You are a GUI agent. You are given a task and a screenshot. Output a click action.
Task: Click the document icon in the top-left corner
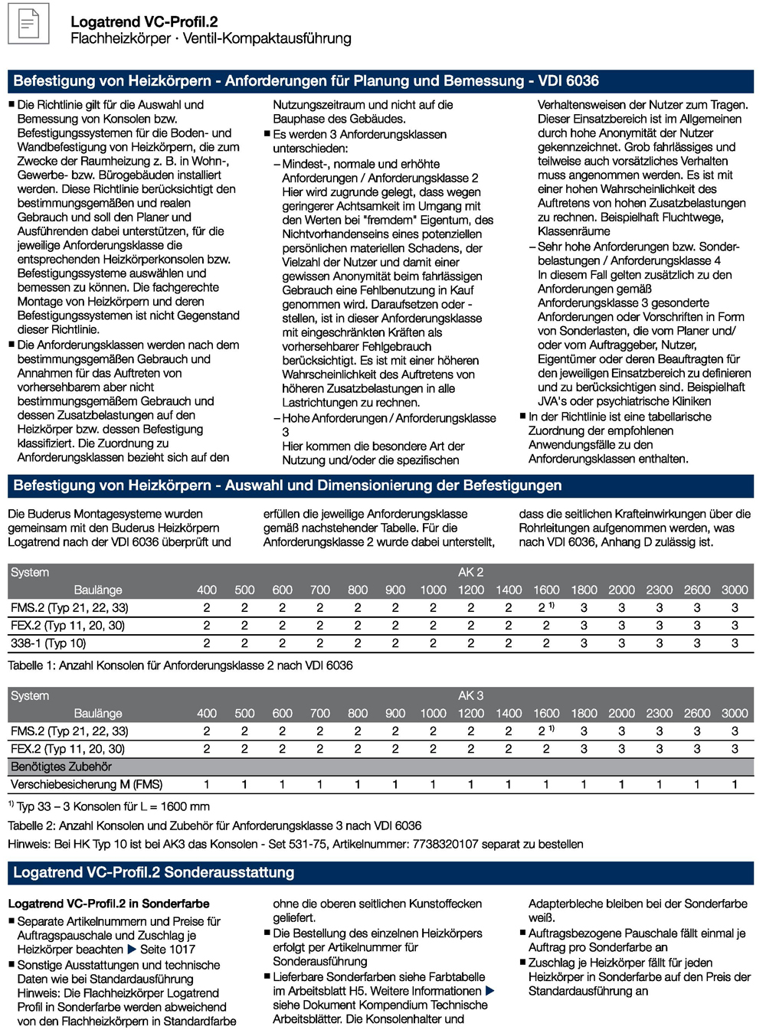pyautogui.click(x=28, y=24)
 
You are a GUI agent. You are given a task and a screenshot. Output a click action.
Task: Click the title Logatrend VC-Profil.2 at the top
pyautogui.click(x=143, y=22)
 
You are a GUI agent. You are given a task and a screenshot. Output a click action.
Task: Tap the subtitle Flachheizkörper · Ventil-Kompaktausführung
pyautogui.click(x=211, y=38)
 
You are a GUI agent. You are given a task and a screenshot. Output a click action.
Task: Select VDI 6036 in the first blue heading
pyautogui.click(x=568, y=81)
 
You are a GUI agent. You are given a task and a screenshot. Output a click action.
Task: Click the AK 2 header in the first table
pyautogui.click(x=470, y=572)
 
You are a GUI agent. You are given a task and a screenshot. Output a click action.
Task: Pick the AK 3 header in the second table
pyautogui.click(x=470, y=695)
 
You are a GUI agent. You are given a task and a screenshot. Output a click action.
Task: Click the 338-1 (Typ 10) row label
pyautogui.click(x=48, y=643)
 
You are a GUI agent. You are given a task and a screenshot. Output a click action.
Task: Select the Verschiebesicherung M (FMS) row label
pyautogui.click(x=87, y=784)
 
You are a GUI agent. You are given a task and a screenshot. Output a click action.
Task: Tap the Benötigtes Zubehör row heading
pyautogui.click(x=61, y=767)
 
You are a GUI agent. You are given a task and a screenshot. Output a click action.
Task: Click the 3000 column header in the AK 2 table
pyautogui.click(x=734, y=590)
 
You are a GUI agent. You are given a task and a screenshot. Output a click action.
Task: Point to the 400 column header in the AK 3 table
pyautogui.click(x=207, y=713)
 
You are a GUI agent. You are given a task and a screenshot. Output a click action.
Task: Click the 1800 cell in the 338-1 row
pyautogui.click(x=584, y=643)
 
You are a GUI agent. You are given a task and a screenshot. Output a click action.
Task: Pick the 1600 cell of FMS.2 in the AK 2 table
pyautogui.click(x=544, y=607)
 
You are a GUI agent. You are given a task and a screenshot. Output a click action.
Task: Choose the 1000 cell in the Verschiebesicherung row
pyautogui.click(x=433, y=784)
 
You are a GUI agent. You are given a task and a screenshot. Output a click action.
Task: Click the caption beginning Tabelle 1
pyautogui.click(x=180, y=665)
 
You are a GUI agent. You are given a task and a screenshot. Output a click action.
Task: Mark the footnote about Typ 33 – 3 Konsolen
pyautogui.click(x=109, y=806)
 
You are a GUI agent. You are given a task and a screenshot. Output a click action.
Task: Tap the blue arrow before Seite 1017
pyautogui.click(x=132, y=950)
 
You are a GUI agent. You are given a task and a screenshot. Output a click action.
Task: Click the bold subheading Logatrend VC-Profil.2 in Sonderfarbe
pyautogui.click(x=109, y=904)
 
